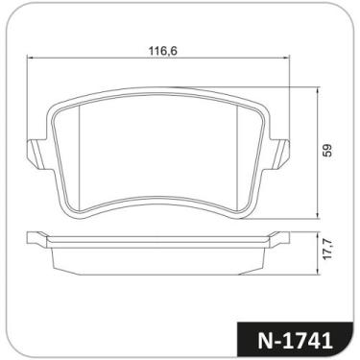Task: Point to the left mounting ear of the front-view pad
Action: (x=33, y=153)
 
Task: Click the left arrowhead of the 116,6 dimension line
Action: (x=29, y=60)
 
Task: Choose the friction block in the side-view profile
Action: (x=157, y=257)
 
